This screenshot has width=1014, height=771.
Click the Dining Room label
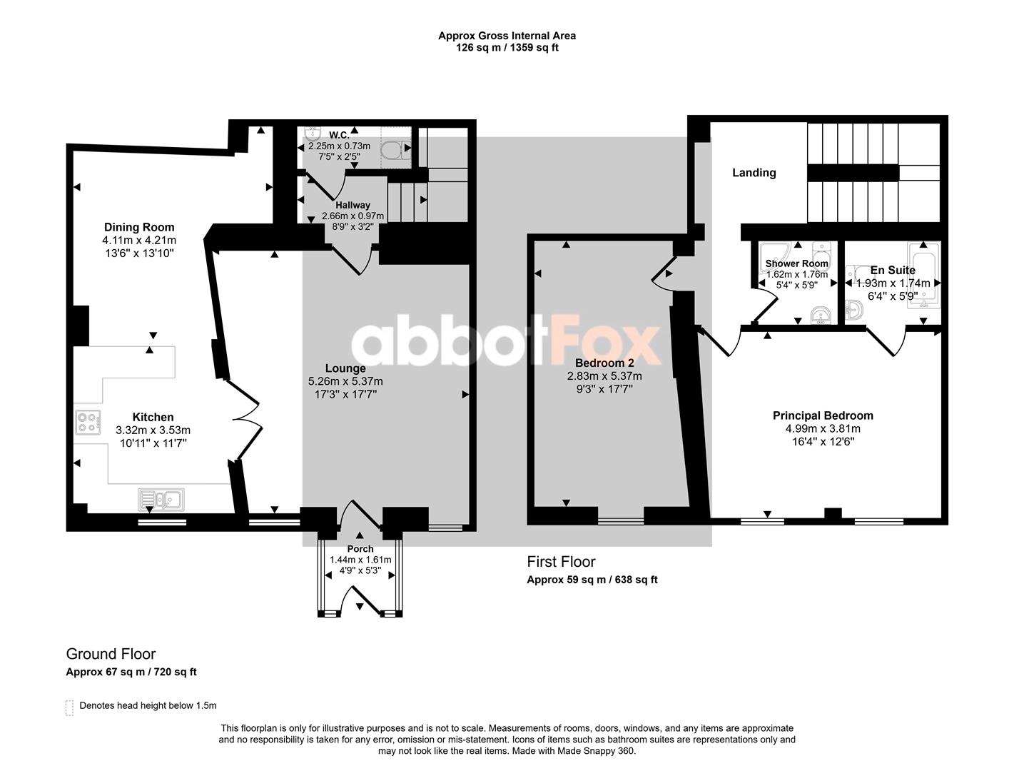click(139, 227)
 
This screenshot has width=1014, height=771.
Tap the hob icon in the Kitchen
click(88, 422)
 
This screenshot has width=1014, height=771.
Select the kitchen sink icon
click(161, 500)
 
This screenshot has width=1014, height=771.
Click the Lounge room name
click(345, 368)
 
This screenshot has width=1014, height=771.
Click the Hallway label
click(353, 205)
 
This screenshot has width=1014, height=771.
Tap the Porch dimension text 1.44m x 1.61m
click(360, 560)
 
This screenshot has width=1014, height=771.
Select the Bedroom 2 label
click(604, 363)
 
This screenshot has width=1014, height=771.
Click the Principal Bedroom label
click(823, 415)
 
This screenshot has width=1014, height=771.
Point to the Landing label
click(754, 173)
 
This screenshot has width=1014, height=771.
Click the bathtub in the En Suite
click(923, 276)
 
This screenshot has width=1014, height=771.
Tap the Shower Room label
click(796, 263)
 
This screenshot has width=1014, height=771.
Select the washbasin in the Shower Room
click(821, 315)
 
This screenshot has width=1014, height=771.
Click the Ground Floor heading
click(111, 654)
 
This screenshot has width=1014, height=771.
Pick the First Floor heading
click(561, 562)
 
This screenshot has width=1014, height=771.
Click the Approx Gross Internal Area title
click(507, 36)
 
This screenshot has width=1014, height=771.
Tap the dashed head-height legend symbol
click(69, 707)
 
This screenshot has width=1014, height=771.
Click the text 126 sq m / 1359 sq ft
click(507, 48)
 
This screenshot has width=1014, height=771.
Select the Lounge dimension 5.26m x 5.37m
click(345, 381)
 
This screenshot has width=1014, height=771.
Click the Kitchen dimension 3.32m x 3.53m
click(153, 430)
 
